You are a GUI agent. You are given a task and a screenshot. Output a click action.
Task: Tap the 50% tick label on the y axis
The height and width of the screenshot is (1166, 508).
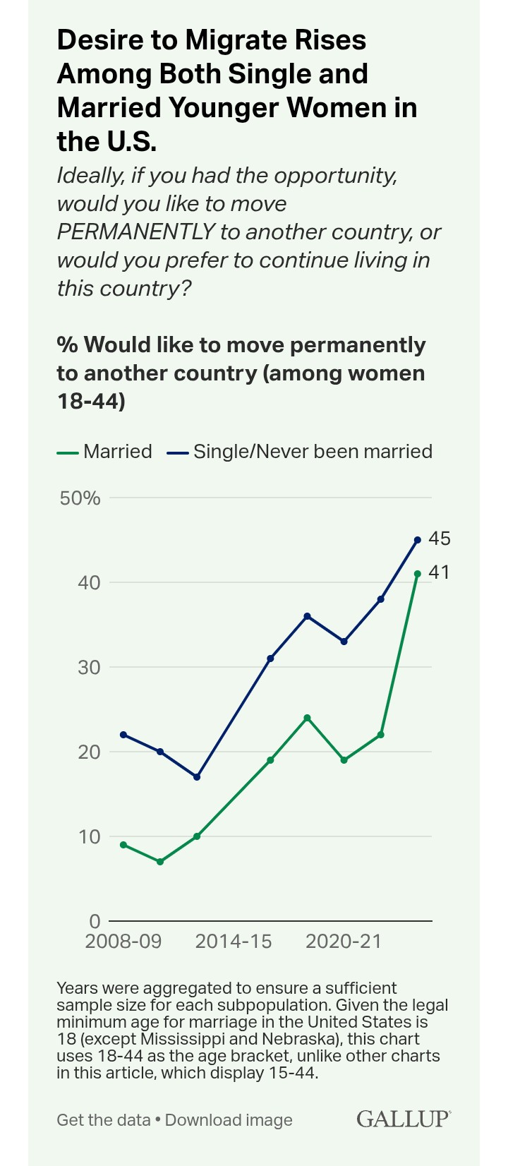[x=80, y=498]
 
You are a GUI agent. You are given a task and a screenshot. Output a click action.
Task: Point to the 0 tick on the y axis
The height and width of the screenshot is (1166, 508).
[x=95, y=921]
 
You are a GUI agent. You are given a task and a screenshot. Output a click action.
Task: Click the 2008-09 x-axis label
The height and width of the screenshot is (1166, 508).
[x=123, y=942]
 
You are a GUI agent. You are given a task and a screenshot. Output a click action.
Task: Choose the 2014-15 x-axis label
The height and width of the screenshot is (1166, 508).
[x=234, y=942]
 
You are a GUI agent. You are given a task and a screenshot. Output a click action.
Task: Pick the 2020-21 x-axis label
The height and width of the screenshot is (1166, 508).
[x=344, y=942]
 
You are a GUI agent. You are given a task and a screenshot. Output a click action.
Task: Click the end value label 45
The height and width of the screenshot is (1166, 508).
[x=439, y=539]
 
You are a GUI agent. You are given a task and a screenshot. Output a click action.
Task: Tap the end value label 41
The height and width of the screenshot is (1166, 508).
[x=439, y=572]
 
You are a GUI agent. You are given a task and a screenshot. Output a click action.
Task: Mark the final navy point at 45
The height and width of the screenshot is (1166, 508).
[x=417, y=540]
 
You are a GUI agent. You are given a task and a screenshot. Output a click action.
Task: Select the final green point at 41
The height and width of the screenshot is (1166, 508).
[x=417, y=574]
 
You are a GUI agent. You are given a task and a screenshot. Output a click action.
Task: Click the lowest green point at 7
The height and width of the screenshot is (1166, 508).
[x=160, y=862]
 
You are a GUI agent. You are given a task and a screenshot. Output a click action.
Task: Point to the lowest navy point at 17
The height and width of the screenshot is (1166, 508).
[x=197, y=777]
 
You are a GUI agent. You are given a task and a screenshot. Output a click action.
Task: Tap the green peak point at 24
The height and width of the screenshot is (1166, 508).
[x=307, y=718]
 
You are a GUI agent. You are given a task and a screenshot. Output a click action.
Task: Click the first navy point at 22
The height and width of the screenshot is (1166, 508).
[x=123, y=735]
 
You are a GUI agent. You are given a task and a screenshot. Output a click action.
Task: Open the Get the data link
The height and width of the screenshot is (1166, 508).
[x=104, y=1120]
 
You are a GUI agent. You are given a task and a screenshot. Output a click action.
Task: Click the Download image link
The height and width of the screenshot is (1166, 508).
[x=229, y=1120]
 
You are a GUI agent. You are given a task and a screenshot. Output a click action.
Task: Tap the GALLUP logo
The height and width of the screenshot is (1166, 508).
[x=403, y=1119]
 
